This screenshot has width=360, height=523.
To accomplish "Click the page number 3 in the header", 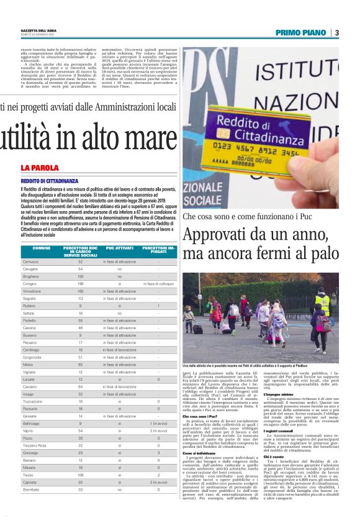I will click(x=336, y=33).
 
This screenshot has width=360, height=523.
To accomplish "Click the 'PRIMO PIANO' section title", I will click(x=301, y=33).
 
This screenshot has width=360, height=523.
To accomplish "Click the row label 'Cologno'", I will click(x=30, y=283).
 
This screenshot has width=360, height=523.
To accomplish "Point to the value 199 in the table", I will click(x=81, y=283).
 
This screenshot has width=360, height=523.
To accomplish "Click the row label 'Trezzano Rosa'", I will click(x=35, y=445).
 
